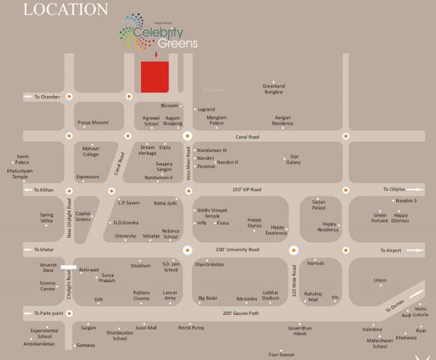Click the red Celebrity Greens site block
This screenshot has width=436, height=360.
tap(155, 76)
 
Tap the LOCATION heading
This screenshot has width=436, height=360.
tap(65, 9)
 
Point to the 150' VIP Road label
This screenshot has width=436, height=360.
tap(246, 189)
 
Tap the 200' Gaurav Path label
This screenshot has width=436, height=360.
tap(241, 313)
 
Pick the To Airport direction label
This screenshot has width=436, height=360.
tap(389, 249)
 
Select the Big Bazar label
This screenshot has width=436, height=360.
tap(209, 298)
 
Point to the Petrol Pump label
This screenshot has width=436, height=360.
tap(193, 327)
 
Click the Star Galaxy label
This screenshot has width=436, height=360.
tap(293, 159)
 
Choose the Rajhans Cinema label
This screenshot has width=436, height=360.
tap(142, 295)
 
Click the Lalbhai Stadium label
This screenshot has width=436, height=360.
tap(270, 295)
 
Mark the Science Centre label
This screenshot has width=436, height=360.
tap(48, 286)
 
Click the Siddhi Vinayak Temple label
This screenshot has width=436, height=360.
tap(212, 213)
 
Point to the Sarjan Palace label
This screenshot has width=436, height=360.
tap(319, 205)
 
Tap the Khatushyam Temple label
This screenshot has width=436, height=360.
tap(20, 174)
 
